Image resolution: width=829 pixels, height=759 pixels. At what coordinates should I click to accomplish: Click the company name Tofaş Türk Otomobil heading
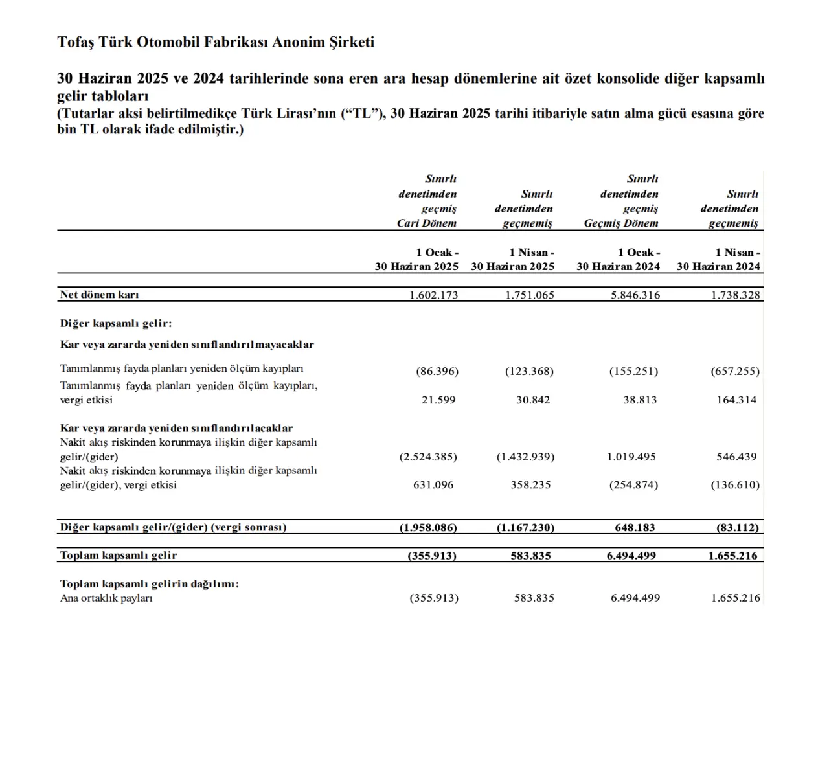click(x=216, y=42)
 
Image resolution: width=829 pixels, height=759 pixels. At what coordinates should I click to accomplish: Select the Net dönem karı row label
click(x=99, y=295)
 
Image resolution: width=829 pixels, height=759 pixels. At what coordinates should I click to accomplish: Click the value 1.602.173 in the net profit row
click(x=433, y=295)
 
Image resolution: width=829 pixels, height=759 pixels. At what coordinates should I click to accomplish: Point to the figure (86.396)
click(x=437, y=371)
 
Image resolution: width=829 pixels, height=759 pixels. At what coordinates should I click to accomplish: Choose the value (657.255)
click(x=735, y=371)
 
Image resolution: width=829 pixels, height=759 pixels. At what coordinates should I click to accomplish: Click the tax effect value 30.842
click(x=533, y=400)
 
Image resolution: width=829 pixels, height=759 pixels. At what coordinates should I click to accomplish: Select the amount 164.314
click(x=736, y=400)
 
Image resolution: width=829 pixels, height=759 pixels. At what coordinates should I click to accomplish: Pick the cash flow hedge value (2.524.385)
click(x=428, y=457)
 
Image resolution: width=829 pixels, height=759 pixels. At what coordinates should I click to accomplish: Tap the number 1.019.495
click(x=631, y=457)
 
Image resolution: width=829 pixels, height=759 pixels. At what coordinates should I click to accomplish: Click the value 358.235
click(x=530, y=484)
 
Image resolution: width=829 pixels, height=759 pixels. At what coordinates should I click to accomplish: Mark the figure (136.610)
click(x=735, y=484)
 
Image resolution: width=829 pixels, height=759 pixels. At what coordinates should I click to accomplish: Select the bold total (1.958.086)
click(x=428, y=527)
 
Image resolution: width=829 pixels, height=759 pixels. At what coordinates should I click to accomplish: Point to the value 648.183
click(x=635, y=527)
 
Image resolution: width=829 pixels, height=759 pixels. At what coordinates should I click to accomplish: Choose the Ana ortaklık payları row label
click(x=106, y=598)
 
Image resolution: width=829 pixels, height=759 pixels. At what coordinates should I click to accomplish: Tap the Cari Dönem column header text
click(x=427, y=223)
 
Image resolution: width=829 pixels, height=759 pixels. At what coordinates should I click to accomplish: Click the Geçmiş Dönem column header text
click(x=621, y=223)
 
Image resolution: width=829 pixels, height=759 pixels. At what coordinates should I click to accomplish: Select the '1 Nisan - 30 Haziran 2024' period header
click(x=719, y=259)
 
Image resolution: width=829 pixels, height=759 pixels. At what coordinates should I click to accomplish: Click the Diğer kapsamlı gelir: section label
click(x=116, y=323)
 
